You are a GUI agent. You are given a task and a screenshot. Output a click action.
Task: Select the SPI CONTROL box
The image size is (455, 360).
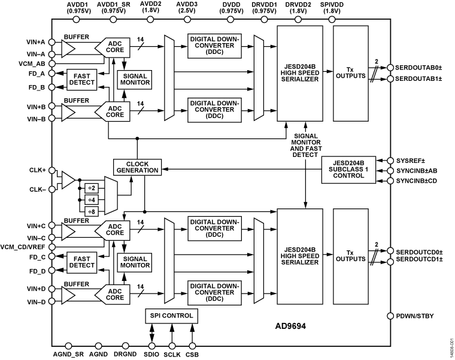point(171,315)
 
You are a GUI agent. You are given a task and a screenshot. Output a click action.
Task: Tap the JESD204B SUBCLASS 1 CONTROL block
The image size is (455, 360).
point(348,168)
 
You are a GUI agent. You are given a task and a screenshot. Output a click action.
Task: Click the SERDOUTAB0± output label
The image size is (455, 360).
point(421,68)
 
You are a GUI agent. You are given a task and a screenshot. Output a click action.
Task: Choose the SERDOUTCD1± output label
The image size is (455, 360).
point(421,261)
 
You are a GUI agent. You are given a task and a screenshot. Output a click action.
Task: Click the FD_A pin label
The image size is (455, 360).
point(37,72)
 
